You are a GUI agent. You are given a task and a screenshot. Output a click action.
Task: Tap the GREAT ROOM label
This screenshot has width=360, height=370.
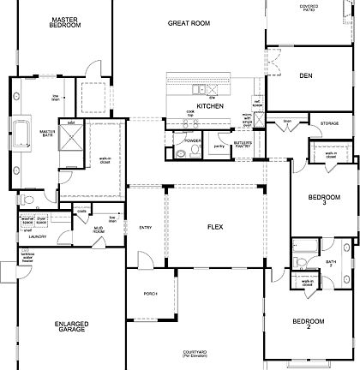pos(189,24)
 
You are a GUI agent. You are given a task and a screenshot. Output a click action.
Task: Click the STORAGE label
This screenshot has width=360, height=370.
pos(329,124)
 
